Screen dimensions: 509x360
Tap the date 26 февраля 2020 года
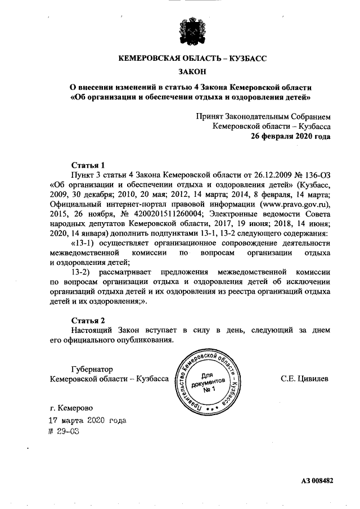click(x=290, y=136)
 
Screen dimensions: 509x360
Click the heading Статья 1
click(x=88, y=165)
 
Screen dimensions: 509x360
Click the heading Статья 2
click(x=88, y=320)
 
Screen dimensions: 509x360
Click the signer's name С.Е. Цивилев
click(x=305, y=379)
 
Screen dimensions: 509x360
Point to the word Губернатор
click(x=92, y=369)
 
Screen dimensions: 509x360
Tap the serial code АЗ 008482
click(x=317, y=481)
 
